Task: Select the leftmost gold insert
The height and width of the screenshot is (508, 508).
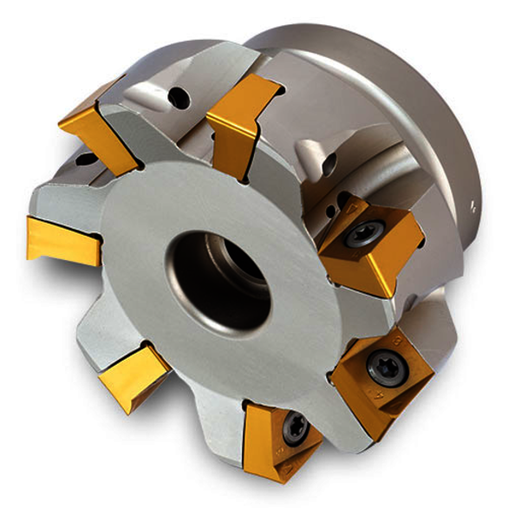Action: point(59,238)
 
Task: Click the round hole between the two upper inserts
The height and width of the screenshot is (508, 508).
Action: point(179,98)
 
